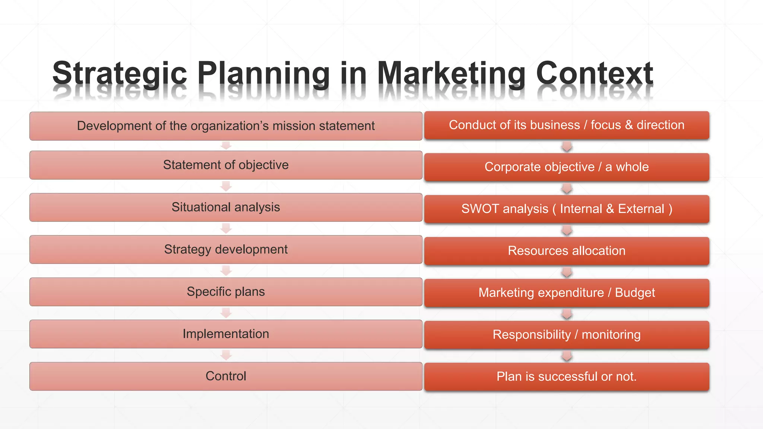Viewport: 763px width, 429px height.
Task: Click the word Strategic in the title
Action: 119,73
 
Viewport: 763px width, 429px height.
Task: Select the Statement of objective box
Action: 226,165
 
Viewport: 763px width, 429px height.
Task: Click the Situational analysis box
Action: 226,207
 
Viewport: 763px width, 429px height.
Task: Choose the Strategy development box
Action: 226,250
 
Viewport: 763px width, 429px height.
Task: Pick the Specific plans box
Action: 226,292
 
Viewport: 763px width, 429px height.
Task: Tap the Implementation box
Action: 226,334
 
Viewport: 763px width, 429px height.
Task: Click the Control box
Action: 226,376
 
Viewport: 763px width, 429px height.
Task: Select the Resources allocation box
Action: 566,251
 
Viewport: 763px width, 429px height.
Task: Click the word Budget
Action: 635,293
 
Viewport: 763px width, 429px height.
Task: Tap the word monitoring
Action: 611,335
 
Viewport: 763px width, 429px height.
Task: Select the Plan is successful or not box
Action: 566,376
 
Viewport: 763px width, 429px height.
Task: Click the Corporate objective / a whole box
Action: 566,167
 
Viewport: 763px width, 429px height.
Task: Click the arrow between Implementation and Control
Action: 226,355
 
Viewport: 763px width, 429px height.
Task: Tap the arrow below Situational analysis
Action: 226,228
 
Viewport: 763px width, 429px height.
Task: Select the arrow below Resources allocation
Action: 567,272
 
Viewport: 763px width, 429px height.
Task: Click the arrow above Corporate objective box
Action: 567,146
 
